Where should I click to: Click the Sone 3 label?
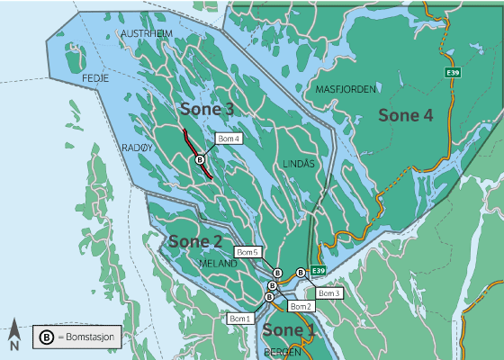point(207,109)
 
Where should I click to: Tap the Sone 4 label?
point(405,114)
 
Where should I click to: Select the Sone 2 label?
point(194,241)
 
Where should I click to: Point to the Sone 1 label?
point(289,329)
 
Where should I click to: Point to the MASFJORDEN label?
point(346,89)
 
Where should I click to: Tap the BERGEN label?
point(284,353)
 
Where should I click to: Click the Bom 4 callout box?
point(229,139)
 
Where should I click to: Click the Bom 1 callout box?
point(238,319)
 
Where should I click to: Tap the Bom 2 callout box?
point(301,307)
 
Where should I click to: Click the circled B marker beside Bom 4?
point(201,159)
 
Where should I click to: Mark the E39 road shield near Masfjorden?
point(453,71)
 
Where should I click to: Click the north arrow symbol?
point(15,335)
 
